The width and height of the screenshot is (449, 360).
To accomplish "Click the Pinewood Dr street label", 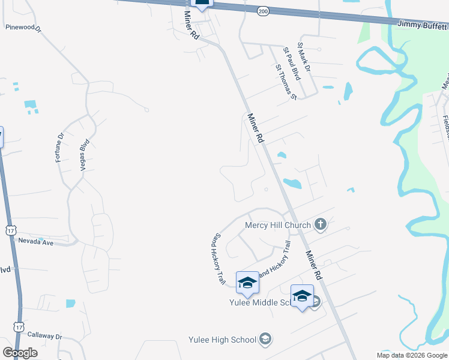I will tap(22, 28).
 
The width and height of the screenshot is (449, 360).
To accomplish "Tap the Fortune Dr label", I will tap(59, 147).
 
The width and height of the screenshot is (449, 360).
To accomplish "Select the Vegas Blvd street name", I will tap(84, 156).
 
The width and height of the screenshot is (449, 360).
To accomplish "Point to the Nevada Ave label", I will tap(36, 242).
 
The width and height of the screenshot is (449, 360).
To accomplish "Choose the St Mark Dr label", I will tap(305, 61).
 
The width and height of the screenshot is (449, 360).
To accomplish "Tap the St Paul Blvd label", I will tap(292, 64).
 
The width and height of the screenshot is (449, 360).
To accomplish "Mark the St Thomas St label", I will tap(286, 83).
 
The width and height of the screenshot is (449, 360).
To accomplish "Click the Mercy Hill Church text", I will tap(278, 226).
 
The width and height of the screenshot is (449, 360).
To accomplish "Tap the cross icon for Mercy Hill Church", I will tap(321, 225).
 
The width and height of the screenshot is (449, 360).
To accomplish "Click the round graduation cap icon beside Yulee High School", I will tap(264, 340).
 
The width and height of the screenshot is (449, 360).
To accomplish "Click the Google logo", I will tap(20, 353).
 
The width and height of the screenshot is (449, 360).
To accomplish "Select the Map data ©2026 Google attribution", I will tap(412, 355).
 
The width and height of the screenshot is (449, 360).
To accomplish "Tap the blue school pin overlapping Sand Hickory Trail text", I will tap(247, 282).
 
